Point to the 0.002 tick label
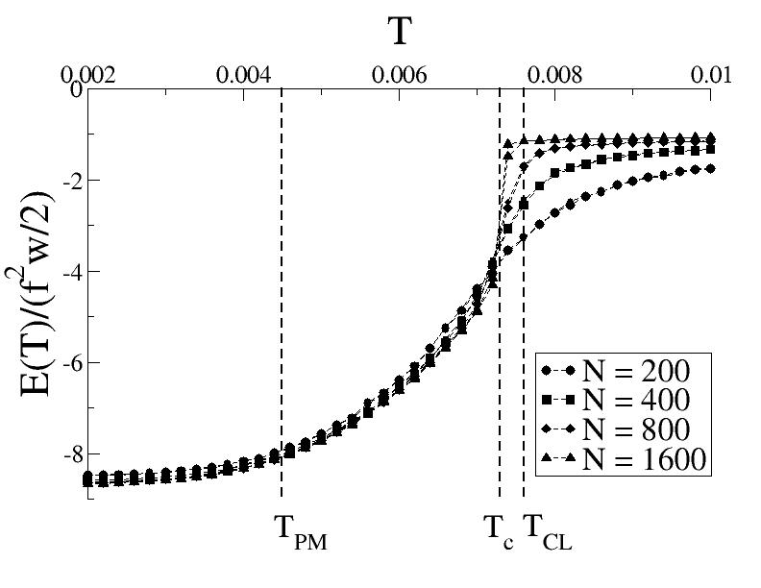click(87, 74)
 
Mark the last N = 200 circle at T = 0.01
click(710, 168)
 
